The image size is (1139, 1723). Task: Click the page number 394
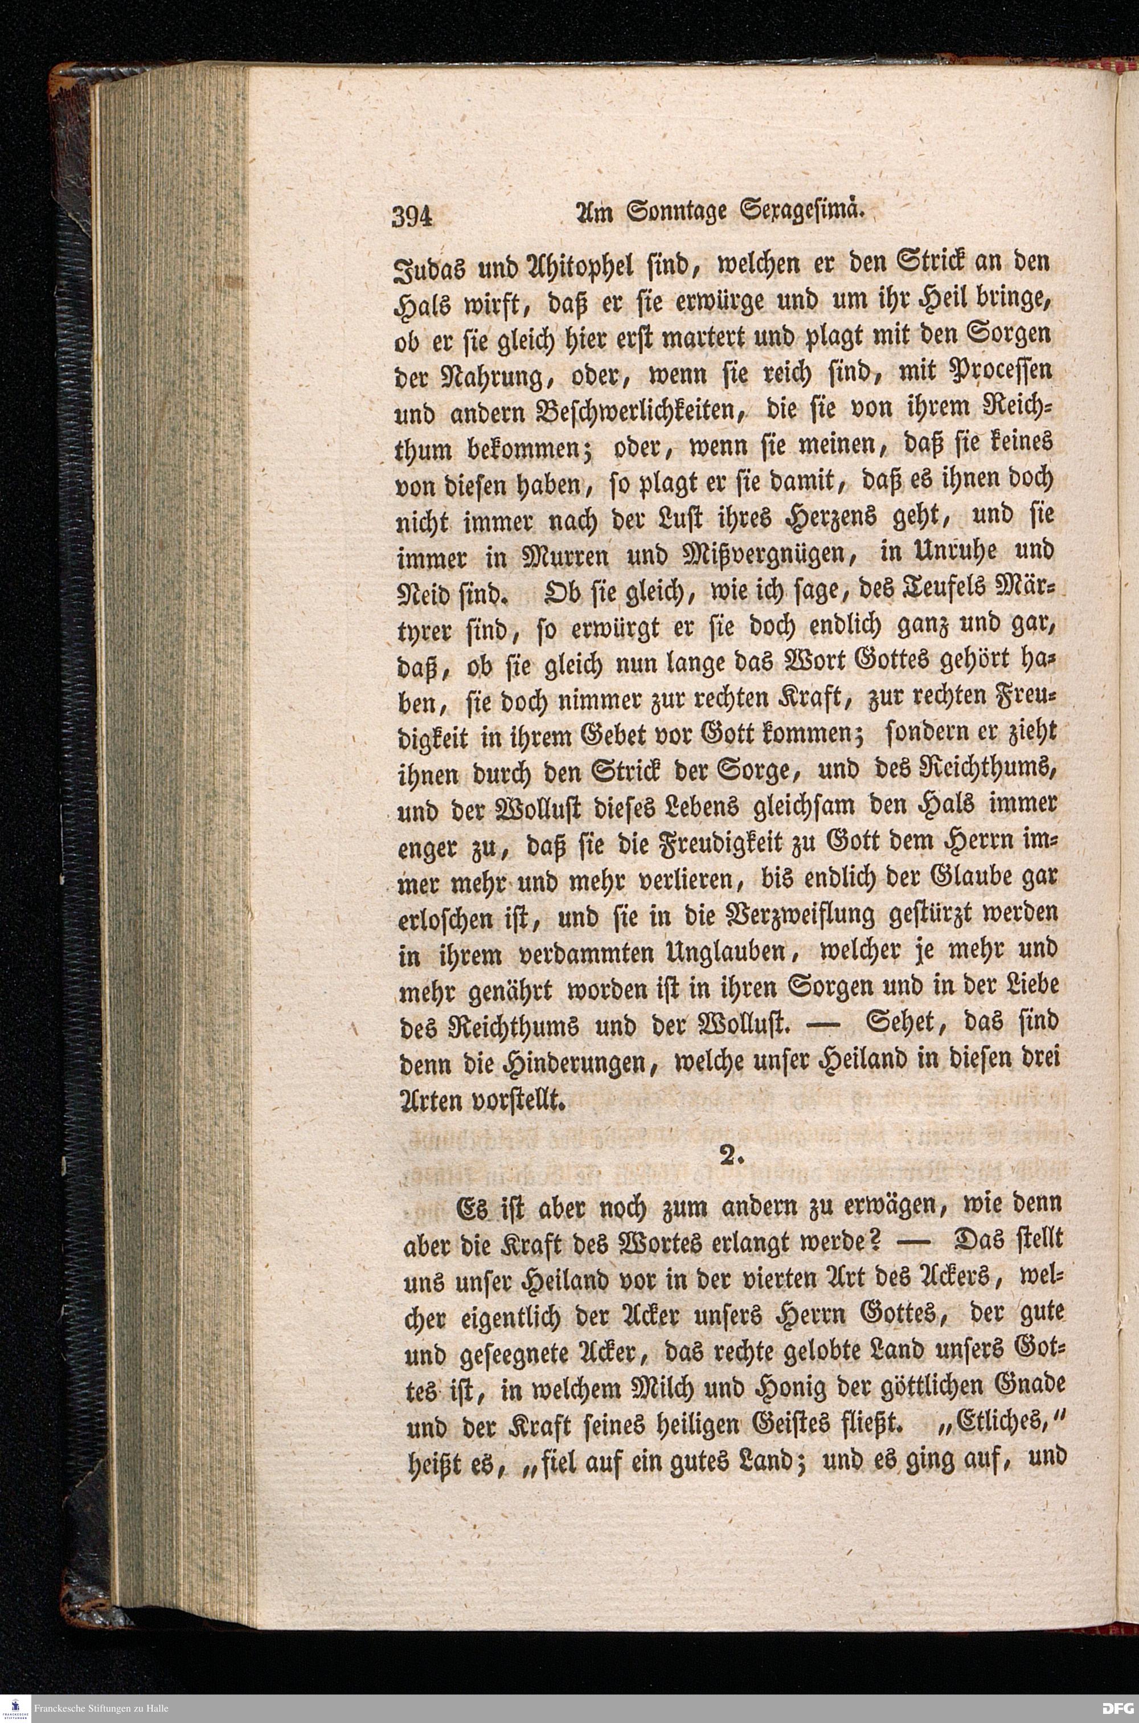[412, 216]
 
